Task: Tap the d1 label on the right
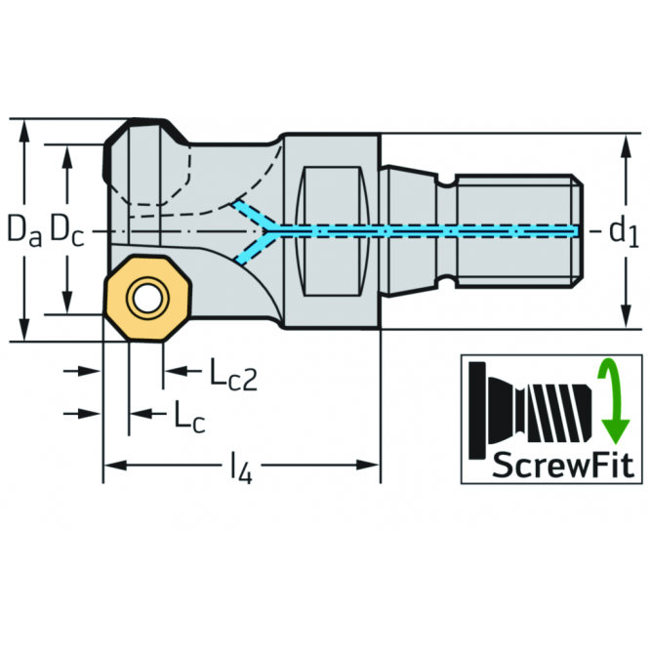coord(624,232)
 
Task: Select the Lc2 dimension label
coord(233,375)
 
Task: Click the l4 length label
coord(242,467)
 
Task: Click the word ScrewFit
coord(563,466)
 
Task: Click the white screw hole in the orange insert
coord(147,299)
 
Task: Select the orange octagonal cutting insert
coord(147,299)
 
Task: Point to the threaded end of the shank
coord(519,231)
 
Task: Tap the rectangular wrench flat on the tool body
coord(332,231)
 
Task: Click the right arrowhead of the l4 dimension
coord(369,466)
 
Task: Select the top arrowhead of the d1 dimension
coord(627,145)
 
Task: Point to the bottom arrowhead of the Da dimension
coord(24,330)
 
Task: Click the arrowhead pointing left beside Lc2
coord(175,370)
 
